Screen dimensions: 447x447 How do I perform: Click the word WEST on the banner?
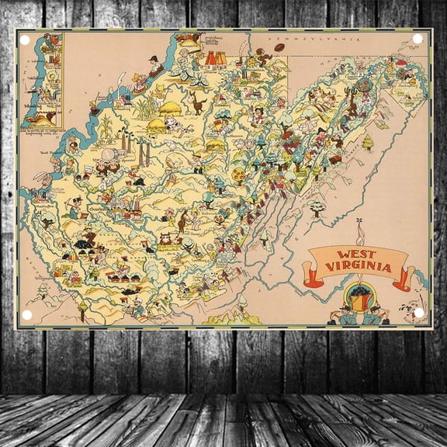(x=355, y=255)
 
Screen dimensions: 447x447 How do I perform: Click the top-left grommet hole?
(x=24, y=40)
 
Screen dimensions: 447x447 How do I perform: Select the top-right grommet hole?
(x=418, y=38)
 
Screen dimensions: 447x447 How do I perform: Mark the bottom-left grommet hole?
(x=26, y=314)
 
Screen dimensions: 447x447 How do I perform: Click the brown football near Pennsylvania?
(x=280, y=48)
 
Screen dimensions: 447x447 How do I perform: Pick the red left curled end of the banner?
(x=314, y=276)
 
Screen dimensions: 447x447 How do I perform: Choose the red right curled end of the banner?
(x=403, y=278)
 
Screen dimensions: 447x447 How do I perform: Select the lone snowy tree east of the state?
(x=317, y=208)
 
